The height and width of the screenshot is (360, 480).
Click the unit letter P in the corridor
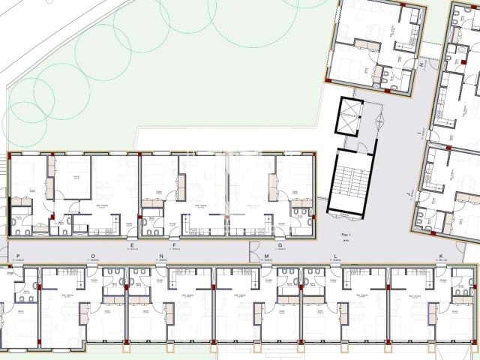click(x=17, y=256)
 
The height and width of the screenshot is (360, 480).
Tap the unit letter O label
click(x=93, y=256)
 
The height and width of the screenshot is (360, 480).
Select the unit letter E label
click(x=132, y=245)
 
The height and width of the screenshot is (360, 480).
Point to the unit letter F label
click(x=174, y=245)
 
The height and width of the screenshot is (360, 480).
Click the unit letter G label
click(x=279, y=245)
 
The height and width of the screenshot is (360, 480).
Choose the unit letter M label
click(x=266, y=256)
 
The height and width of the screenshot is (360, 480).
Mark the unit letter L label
click(x=335, y=256)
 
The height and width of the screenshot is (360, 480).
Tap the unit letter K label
click(x=442, y=256)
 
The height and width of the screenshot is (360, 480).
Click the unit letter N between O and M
click(x=162, y=256)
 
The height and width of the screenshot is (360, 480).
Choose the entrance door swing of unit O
click(x=92, y=271)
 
